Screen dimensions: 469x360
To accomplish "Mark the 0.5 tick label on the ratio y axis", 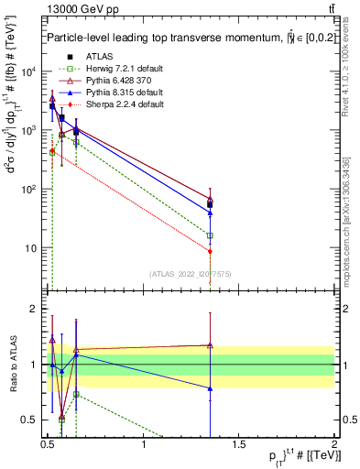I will click(30, 420).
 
